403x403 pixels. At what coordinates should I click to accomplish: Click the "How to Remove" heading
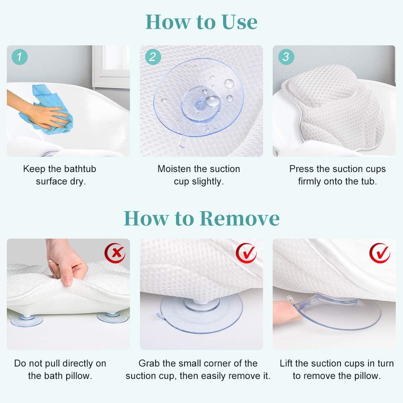click(x=201, y=218)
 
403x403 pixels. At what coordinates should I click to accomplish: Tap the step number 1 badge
click(x=20, y=57)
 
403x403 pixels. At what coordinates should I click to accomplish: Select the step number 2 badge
click(x=152, y=57)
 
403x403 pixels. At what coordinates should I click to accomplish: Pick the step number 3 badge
click(x=286, y=57)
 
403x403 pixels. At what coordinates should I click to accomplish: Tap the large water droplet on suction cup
click(x=213, y=101)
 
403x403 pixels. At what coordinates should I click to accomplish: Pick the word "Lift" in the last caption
click(x=286, y=363)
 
